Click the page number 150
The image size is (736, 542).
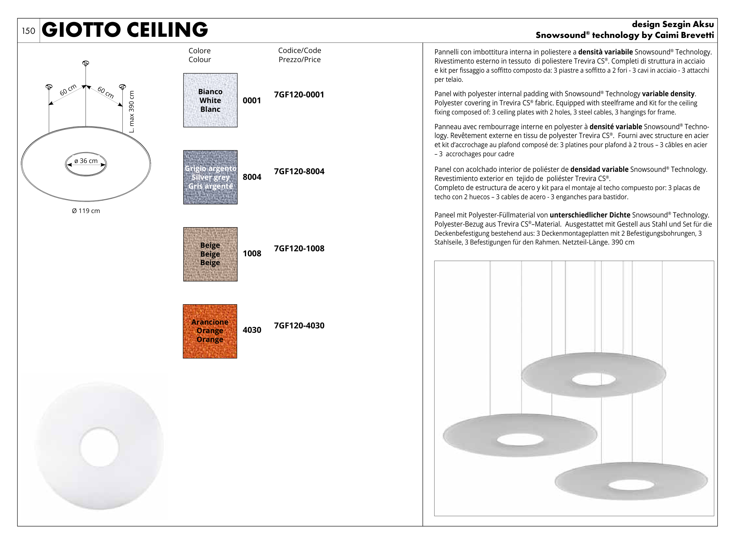(x=28, y=31)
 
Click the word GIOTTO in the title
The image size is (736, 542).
(x=82, y=30)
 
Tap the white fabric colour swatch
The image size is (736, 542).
(x=210, y=100)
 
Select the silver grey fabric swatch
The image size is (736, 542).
(x=210, y=177)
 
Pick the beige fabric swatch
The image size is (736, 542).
(x=210, y=254)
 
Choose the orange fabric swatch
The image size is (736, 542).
(x=210, y=331)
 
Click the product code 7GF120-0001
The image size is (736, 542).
(x=299, y=94)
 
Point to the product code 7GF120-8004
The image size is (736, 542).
(x=299, y=171)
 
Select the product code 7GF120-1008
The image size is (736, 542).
(x=299, y=248)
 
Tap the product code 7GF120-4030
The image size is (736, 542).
(x=299, y=325)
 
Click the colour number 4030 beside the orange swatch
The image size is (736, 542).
(x=252, y=330)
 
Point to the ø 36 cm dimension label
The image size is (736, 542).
(x=86, y=161)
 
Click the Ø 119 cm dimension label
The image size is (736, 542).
(x=86, y=211)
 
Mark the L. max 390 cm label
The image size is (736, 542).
(x=132, y=112)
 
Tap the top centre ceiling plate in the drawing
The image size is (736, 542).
(x=86, y=63)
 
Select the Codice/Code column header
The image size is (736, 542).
(x=299, y=51)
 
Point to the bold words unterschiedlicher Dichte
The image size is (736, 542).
(x=590, y=215)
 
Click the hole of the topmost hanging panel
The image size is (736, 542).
(x=593, y=380)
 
